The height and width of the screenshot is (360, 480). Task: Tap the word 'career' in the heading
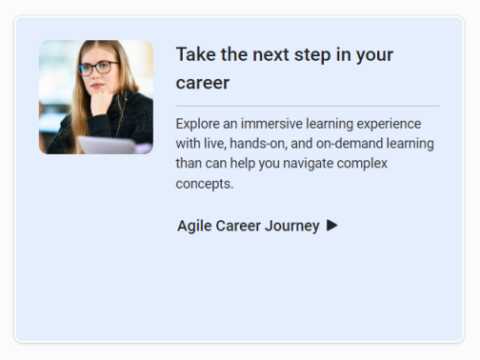tap(203, 83)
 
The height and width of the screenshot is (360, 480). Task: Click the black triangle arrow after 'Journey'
tap(331, 226)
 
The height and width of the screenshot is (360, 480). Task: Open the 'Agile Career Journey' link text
tap(248, 226)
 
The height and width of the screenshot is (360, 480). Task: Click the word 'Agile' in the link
tap(194, 226)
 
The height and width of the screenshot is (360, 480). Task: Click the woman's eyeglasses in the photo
tap(98, 68)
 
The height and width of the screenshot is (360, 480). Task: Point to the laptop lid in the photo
tap(105, 145)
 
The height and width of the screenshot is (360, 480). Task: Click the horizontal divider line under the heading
tap(307, 105)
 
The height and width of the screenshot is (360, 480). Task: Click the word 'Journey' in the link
tap(293, 226)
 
